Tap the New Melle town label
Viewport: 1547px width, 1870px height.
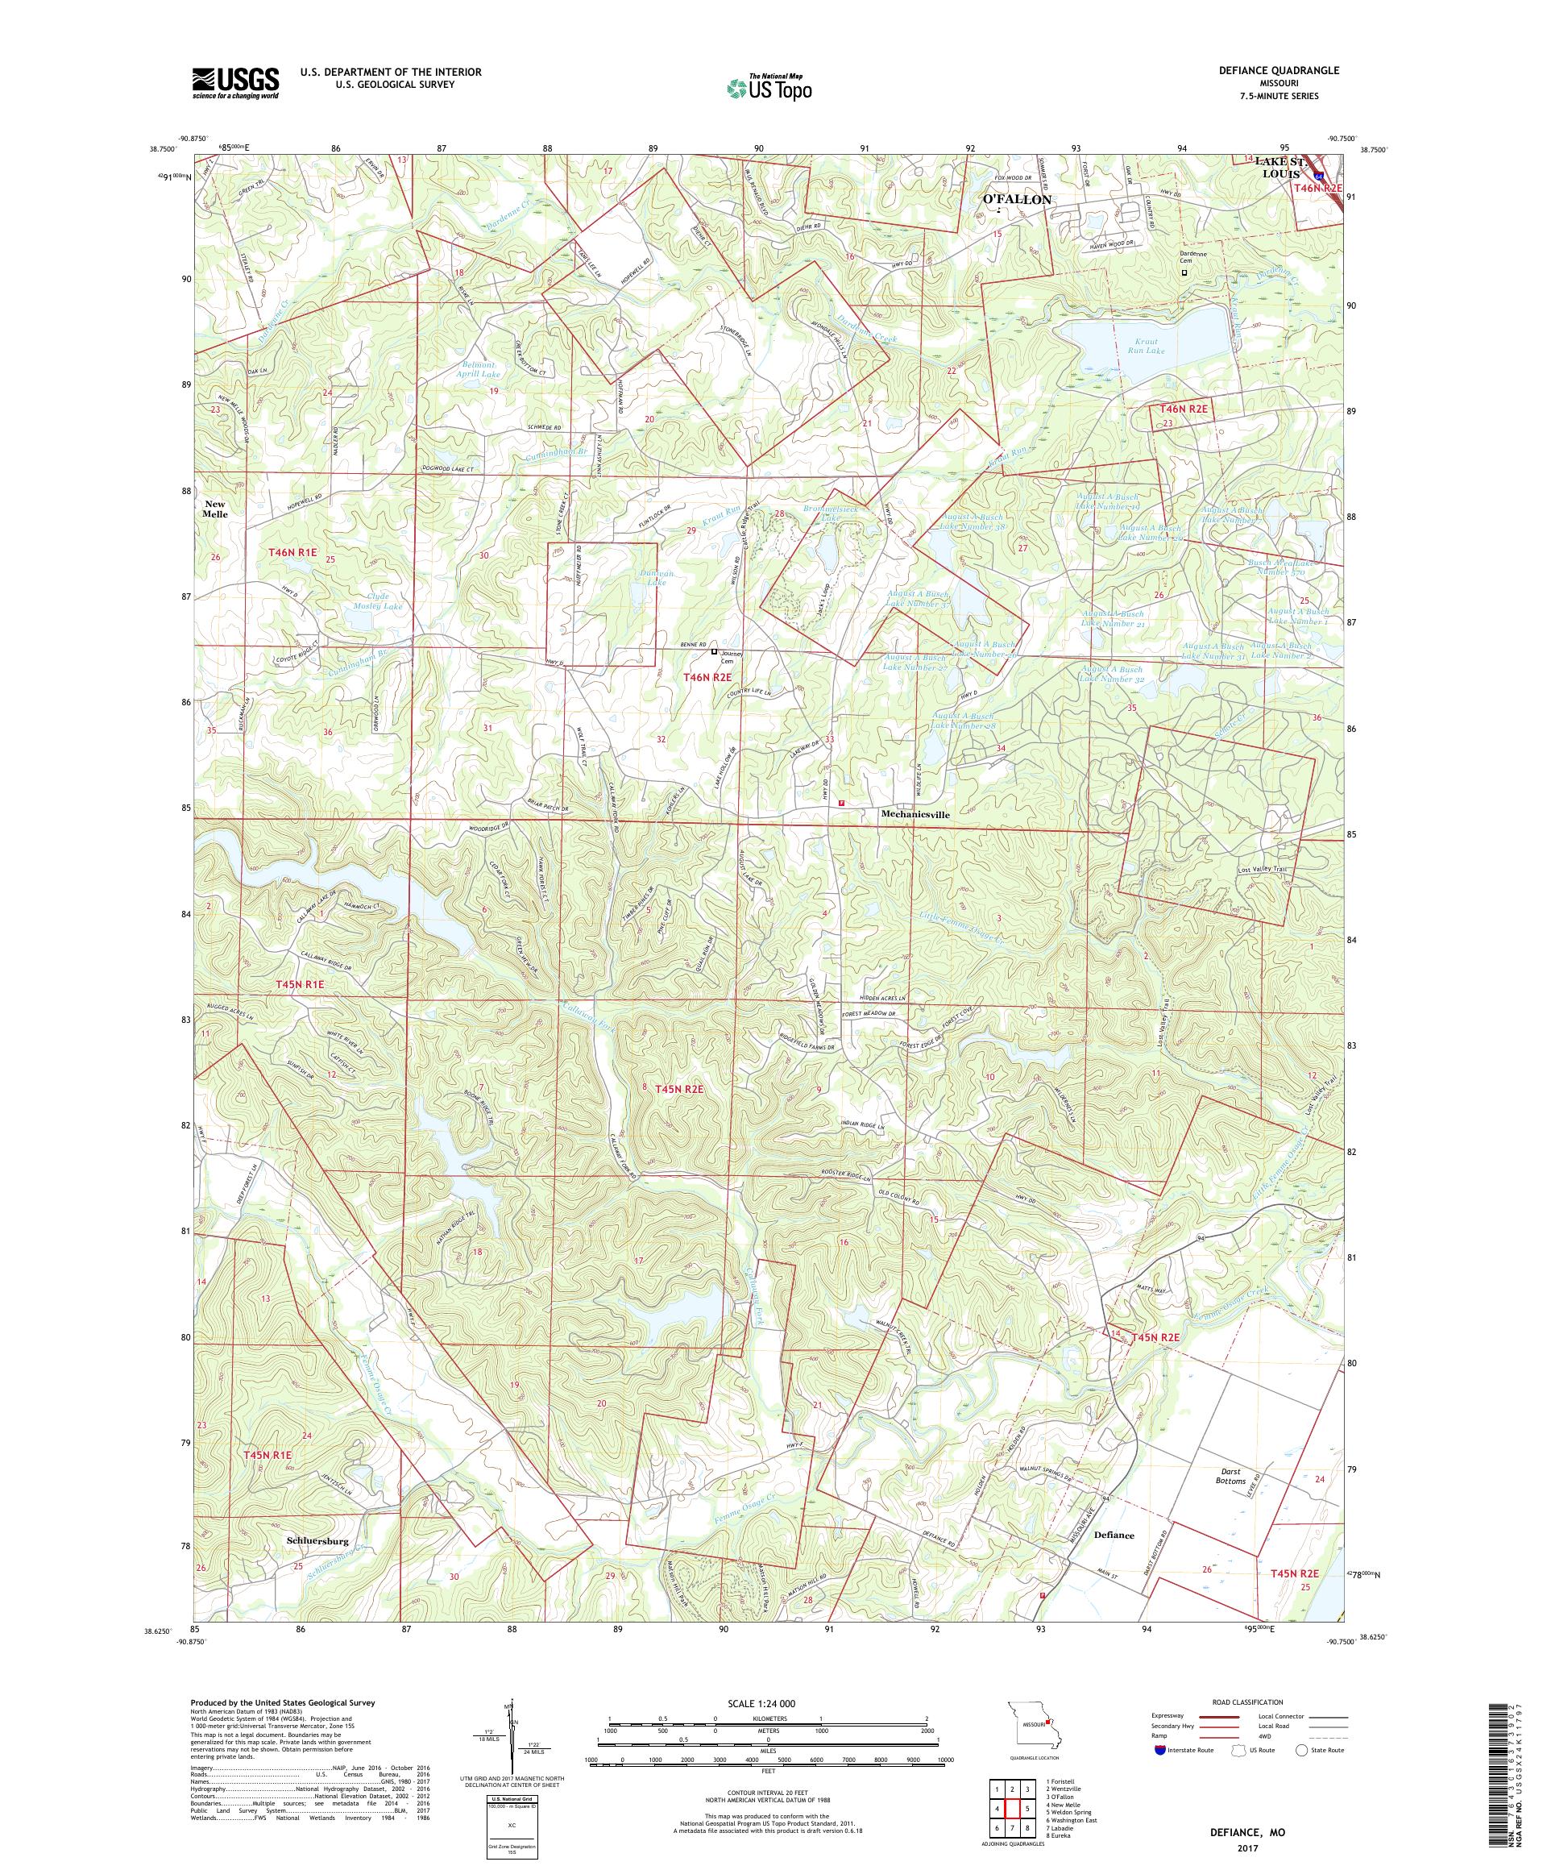pos(214,509)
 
